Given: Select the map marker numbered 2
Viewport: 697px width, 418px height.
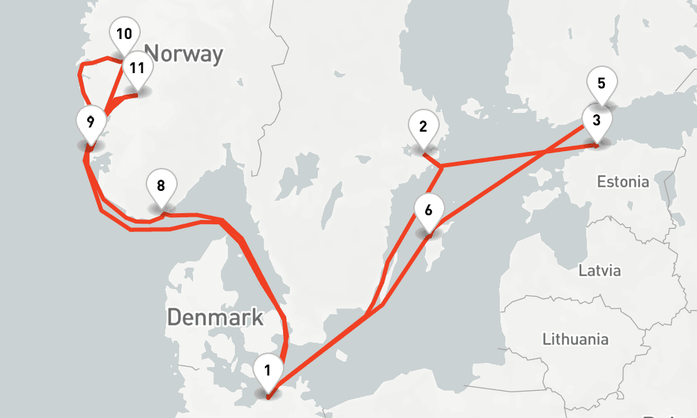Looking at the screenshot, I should (x=423, y=127).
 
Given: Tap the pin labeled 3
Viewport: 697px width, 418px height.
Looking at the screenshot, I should (x=596, y=120).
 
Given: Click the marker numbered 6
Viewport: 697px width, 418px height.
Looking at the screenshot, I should (x=429, y=210).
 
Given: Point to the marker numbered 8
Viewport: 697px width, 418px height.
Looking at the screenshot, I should (x=161, y=186).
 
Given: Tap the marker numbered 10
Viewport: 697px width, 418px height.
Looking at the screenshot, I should (x=125, y=34).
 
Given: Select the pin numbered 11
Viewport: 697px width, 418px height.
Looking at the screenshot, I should (x=137, y=68).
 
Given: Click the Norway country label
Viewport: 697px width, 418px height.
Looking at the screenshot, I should (x=184, y=54).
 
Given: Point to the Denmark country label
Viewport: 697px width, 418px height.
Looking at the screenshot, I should (x=215, y=318).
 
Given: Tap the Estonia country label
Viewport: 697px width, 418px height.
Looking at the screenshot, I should (x=623, y=183).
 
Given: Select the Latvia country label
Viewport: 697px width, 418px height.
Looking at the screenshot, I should (x=599, y=271).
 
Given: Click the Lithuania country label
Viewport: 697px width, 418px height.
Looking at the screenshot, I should (x=575, y=340).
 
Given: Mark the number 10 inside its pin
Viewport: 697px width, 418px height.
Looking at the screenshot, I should (x=125, y=33).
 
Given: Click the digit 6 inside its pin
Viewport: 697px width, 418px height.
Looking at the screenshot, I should (x=429, y=209).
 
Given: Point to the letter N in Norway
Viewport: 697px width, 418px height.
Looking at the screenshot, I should (x=153, y=54).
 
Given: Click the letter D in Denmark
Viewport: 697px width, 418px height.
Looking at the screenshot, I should (x=175, y=318).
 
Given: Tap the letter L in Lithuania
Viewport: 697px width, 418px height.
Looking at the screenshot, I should (x=546, y=340).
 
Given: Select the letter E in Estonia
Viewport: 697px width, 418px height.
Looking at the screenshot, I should (x=602, y=183).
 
